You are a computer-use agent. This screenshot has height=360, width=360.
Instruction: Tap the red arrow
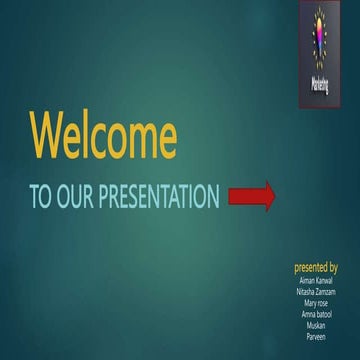pos(251,196)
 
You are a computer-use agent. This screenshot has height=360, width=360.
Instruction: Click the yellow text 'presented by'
pos(315,268)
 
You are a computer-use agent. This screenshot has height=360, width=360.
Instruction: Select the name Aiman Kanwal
pos(317,281)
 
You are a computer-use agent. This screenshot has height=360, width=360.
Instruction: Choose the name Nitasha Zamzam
pos(317,291)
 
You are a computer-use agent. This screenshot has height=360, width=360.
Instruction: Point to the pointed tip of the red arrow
pos(273,196)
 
